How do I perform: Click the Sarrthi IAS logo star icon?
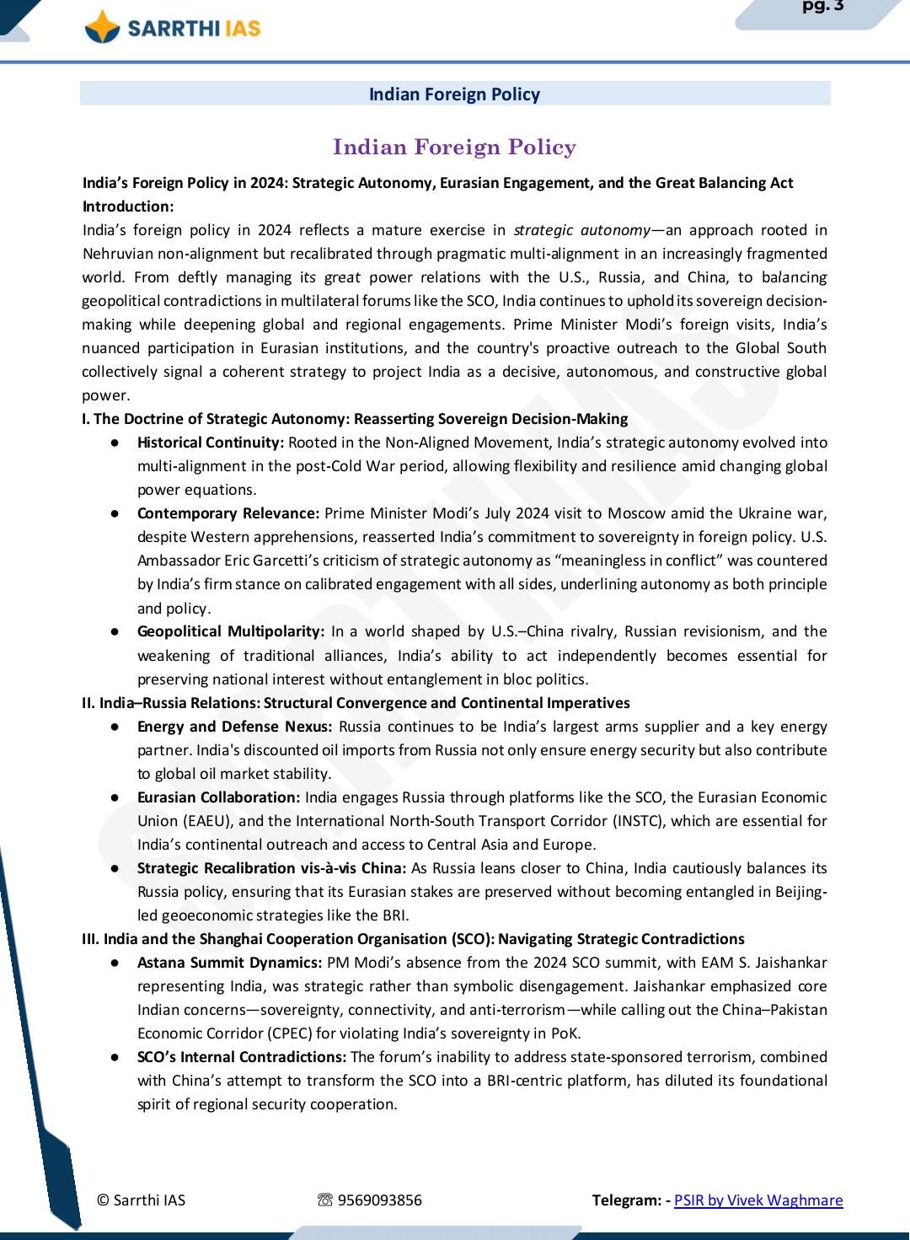click(103, 27)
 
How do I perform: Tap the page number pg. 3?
click(822, 7)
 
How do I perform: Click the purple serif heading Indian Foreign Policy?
click(454, 148)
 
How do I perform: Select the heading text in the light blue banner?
click(454, 94)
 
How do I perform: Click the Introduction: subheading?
click(128, 207)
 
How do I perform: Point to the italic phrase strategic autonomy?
click(581, 230)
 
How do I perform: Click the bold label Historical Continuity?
click(211, 443)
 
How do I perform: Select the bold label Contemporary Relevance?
click(228, 513)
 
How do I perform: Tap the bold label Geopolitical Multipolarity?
click(231, 631)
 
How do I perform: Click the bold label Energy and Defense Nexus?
click(236, 727)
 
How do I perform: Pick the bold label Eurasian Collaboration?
click(218, 797)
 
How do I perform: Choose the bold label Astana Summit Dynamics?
click(229, 963)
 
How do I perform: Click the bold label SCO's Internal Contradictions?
click(242, 1057)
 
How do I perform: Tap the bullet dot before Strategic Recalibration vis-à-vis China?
click(115, 868)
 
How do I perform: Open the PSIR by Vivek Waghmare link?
click(758, 1200)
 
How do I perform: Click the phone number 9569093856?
click(380, 1200)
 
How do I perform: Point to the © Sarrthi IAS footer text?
click(141, 1200)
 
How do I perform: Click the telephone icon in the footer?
click(325, 1200)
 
